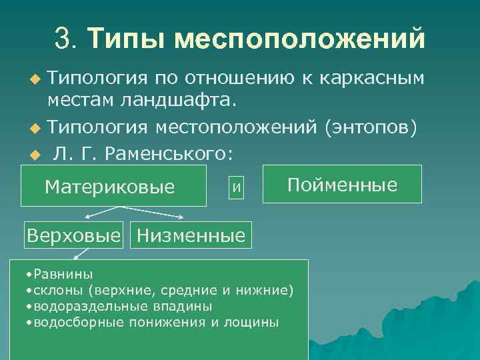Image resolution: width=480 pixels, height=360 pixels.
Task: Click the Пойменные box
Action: (x=342, y=184)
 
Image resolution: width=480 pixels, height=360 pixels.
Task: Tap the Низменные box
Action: (x=191, y=235)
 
